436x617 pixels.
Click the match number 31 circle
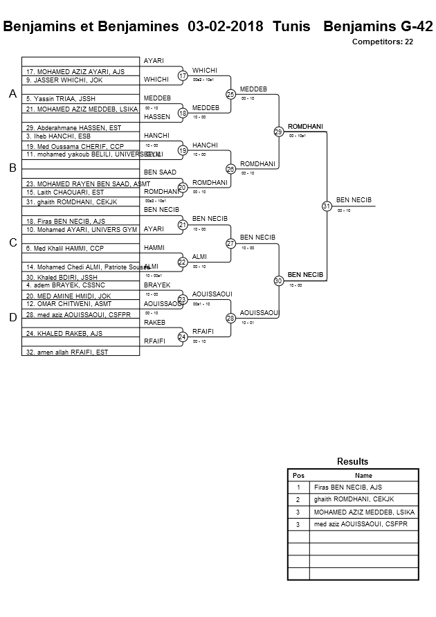pyautogui.click(x=327, y=206)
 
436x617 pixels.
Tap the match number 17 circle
pyautogui.click(x=183, y=75)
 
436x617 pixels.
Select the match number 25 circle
pyautogui.click(x=230, y=94)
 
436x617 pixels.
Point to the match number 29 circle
pyautogui.click(x=278, y=132)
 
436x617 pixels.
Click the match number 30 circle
pyautogui.click(x=278, y=280)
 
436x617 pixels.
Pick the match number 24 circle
pyautogui.click(x=183, y=337)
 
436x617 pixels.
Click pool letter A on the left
pyautogui.click(x=12, y=93)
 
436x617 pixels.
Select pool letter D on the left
pyautogui.click(x=12, y=318)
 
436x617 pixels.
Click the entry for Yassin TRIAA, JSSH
pyautogui.click(x=54, y=99)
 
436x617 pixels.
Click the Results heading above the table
pyautogui.click(x=353, y=461)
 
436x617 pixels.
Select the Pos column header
pyautogui.click(x=298, y=476)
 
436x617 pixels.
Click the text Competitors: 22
pyautogui.click(x=383, y=42)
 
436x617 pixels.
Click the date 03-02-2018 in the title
pyautogui.click(x=226, y=27)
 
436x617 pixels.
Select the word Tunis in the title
pyautogui.click(x=291, y=27)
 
